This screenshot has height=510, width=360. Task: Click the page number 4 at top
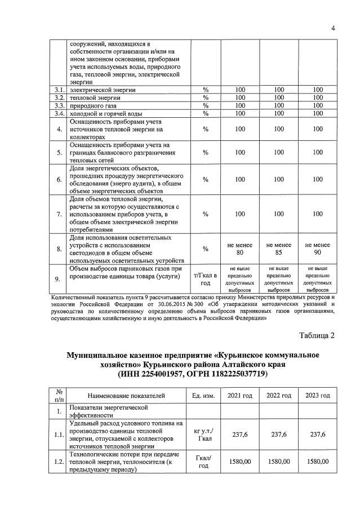pyautogui.click(x=332, y=28)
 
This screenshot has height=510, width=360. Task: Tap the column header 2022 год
pyautogui.click(x=278, y=396)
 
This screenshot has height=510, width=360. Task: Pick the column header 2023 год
pyautogui.click(x=318, y=396)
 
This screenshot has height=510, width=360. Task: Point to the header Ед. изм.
pyautogui.click(x=203, y=396)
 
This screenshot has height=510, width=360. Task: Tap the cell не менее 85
pyautogui.click(x=278, y=249)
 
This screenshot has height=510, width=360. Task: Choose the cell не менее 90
pyautogui.click(x=318, y=249)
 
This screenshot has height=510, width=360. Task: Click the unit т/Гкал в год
pyautogui.click(x=205, y=278)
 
